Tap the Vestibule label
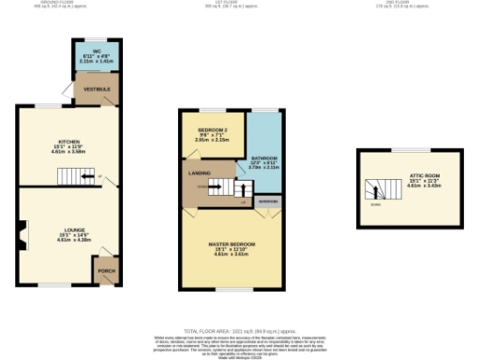[x=97, y=90]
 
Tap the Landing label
[x=199, y=173]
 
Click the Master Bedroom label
[x=231, y=247]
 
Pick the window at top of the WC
[x=93, y=39]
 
